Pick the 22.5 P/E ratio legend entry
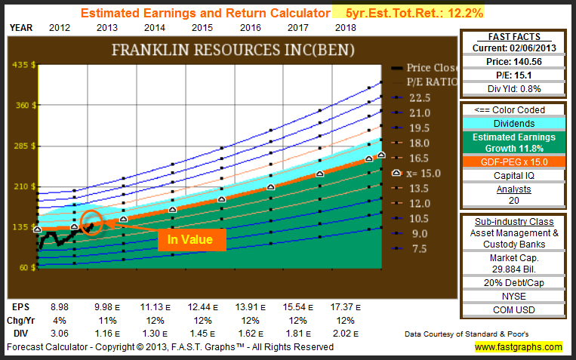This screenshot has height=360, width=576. click(418, 97)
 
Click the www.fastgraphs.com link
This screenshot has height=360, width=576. click(518, 347)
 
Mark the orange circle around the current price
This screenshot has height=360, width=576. click(91, 223)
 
